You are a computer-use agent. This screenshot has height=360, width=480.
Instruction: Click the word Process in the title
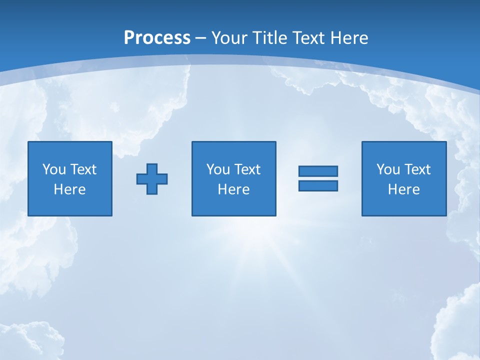coord(157,38)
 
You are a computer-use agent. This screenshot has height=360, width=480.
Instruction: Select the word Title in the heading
coord(268,38)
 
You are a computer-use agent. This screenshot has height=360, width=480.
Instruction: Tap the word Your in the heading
coord(229,38)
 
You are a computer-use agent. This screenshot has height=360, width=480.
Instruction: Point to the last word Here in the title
coord(349,38)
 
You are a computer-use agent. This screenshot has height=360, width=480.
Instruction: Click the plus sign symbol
coord(152,178)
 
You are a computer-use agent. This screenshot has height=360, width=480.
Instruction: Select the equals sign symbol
coord(318,178)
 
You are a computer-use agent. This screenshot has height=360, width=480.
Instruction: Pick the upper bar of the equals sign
coord(318,171)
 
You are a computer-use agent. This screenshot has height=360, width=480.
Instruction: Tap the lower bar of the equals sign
coord(318,185)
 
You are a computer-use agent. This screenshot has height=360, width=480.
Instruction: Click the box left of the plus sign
coord(70,178)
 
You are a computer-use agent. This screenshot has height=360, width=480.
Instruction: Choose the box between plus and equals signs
coord(233,178)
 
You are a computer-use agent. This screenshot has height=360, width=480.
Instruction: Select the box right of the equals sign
coord(403,178)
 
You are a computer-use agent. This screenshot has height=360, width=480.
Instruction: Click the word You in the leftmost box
coord(54,169)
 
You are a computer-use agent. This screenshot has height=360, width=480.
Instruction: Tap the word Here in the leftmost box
coord(70,189)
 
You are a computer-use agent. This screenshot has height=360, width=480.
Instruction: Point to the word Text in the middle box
coord(247,169)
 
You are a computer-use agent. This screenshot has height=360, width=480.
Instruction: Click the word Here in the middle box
coord(233,189)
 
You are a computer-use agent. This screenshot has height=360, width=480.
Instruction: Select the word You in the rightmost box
coord(388,169)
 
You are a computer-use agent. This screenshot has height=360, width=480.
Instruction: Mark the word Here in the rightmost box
coord(403,189)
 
